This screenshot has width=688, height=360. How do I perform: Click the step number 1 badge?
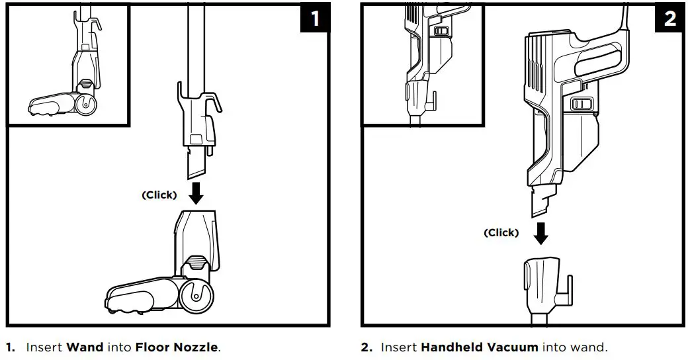pos(315,18)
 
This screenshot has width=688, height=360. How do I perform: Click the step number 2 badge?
pos(670,18)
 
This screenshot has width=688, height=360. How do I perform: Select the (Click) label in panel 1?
pos(159,195)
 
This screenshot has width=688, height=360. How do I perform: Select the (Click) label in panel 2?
pos(501,233)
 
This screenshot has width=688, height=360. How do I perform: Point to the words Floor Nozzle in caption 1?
pos(177,347)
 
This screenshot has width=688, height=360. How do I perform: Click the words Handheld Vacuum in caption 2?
pos(479,347)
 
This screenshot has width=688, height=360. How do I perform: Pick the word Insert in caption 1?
pos(44,347)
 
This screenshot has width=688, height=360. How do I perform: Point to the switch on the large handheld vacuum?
pos(580,104)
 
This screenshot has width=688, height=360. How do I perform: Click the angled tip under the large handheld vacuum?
pos(540,202)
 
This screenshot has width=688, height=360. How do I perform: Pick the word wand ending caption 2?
pos(593,347)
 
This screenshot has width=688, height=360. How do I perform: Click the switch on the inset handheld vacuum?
pos(440,31)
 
